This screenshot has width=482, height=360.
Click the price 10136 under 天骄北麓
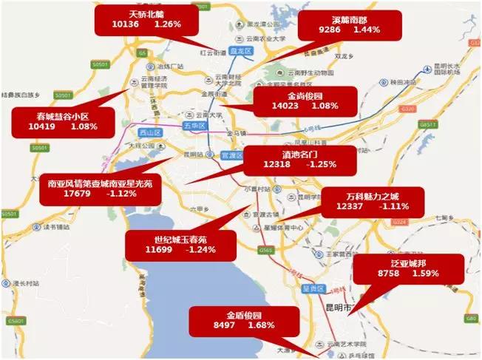coord(126,24)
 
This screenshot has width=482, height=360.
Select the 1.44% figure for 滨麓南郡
coord(367,30)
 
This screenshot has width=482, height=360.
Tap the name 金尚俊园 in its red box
coord(305,96)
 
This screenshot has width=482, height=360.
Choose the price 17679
coord(78,194)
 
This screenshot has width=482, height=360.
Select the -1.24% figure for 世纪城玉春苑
coord(200,251)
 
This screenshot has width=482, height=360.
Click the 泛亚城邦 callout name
coord(407,262)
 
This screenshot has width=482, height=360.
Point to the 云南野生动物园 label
coord(310,72)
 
